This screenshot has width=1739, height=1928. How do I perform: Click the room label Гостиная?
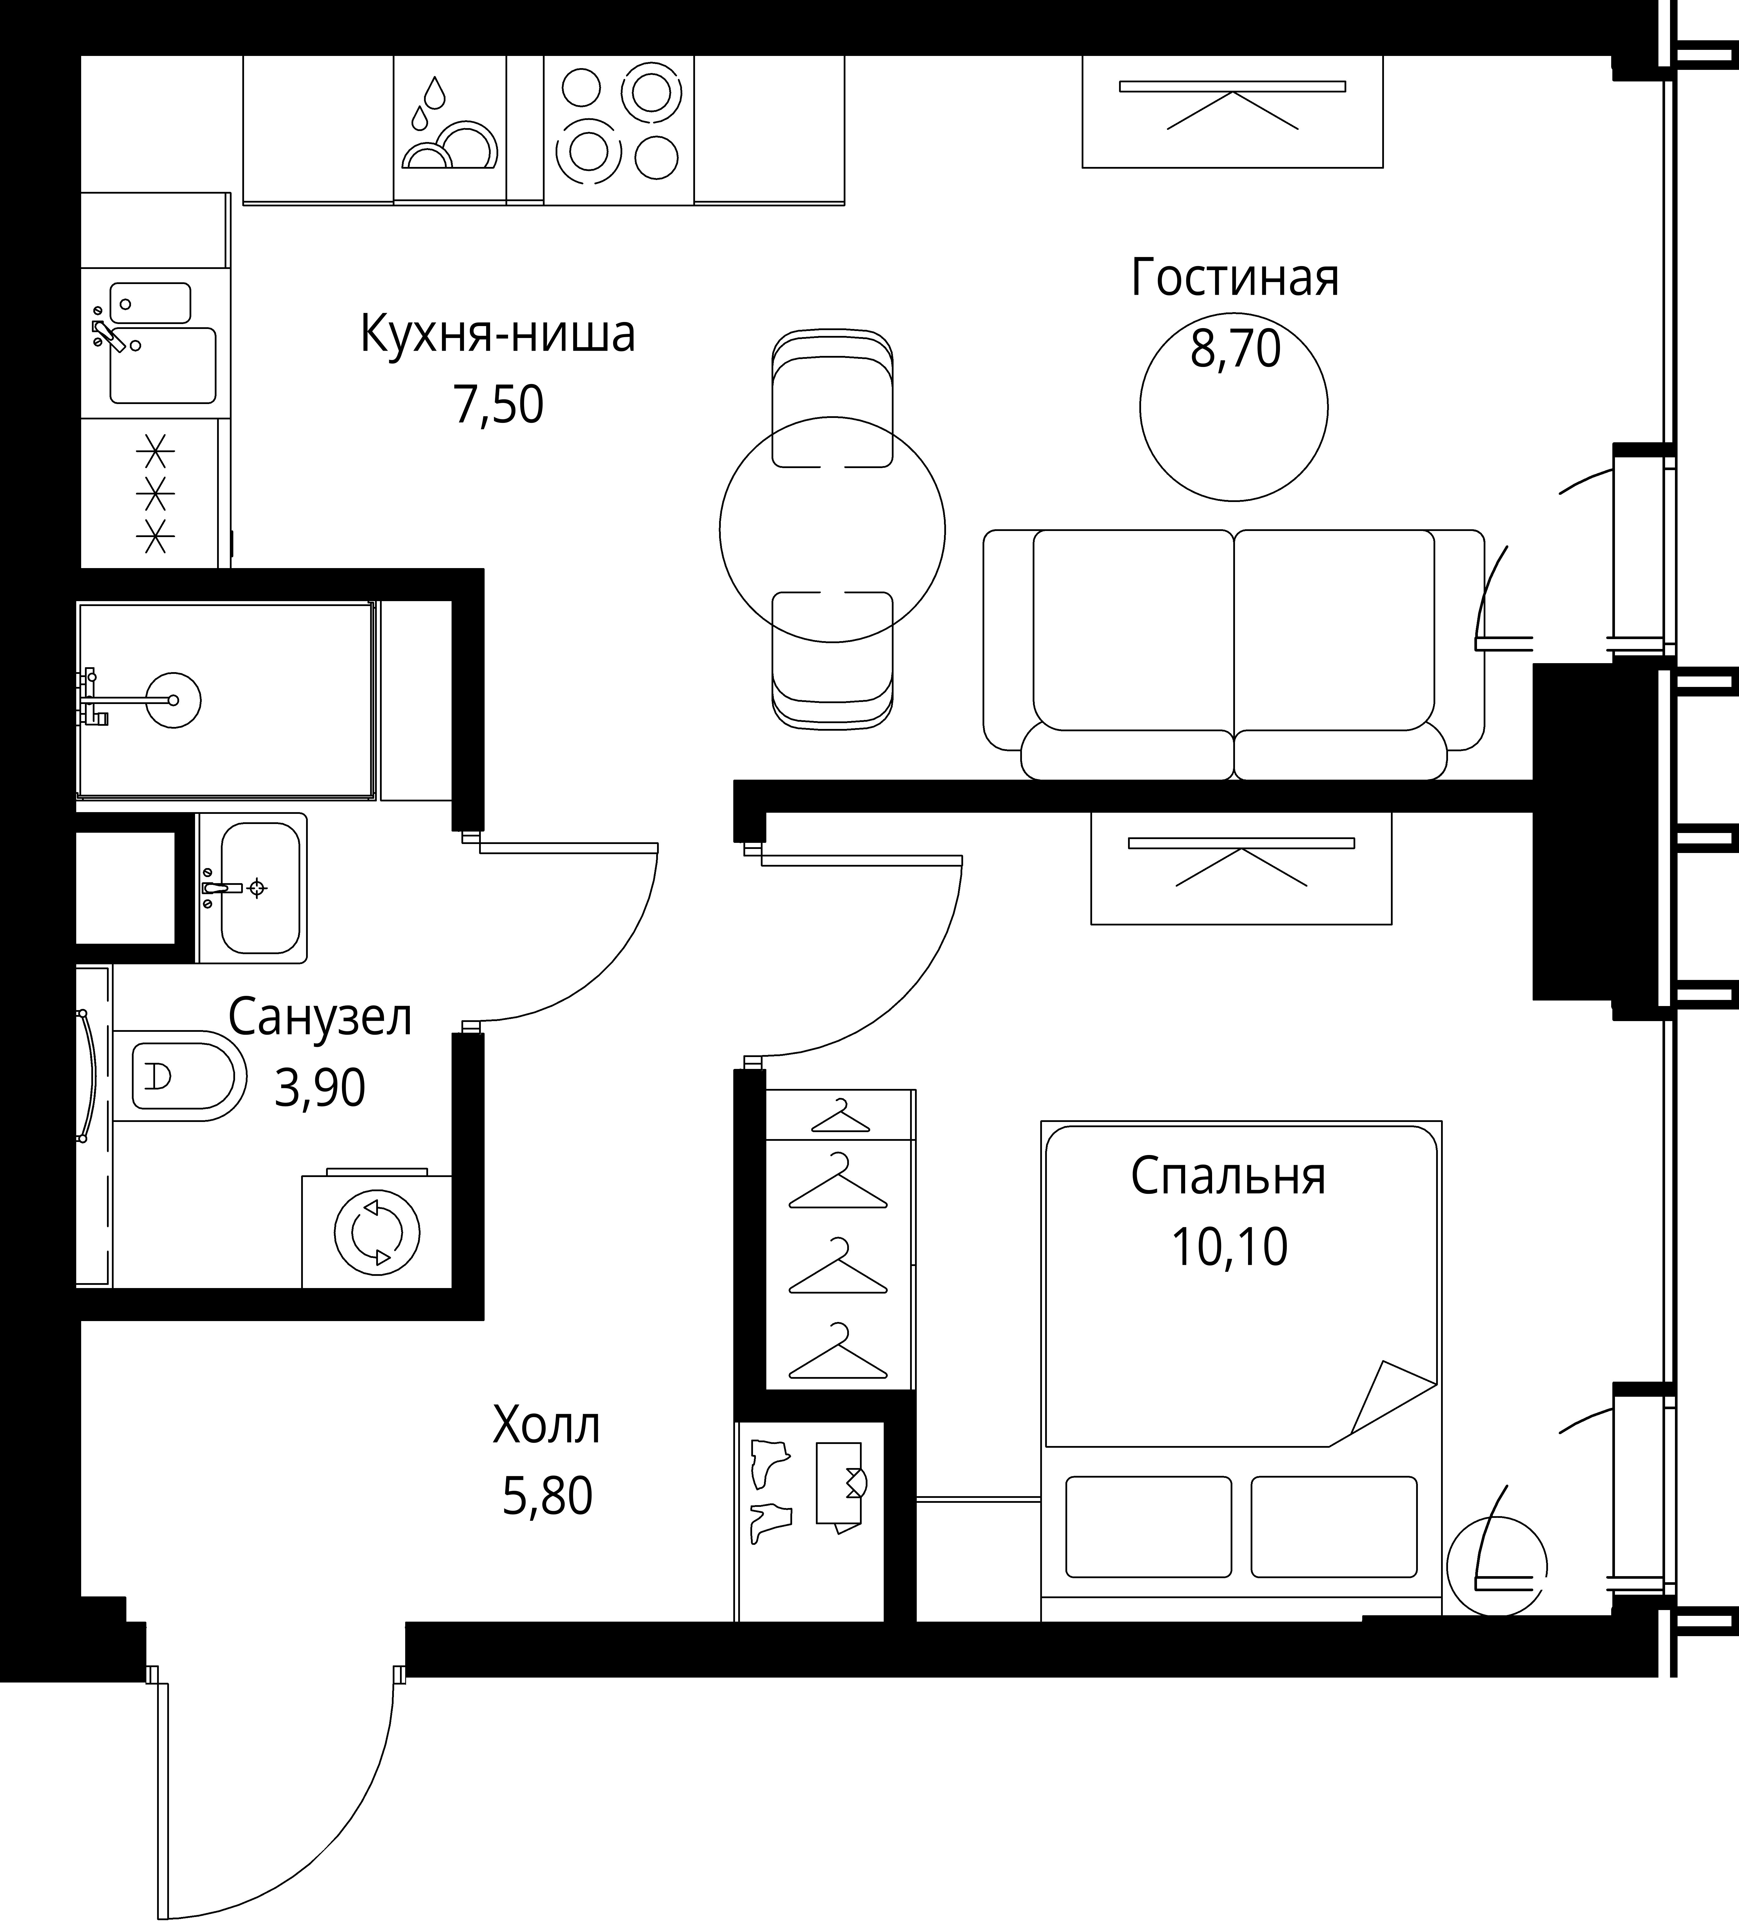[1234, 278]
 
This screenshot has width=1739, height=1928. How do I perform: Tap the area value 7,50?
[498, 405]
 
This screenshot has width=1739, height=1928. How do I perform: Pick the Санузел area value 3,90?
[319, 1087]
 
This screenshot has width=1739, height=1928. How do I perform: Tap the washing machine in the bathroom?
[376, 1229]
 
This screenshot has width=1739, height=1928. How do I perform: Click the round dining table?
[832, 529]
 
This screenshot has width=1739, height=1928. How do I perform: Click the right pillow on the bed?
[1334, 1527]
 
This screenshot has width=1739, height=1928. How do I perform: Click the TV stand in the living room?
[1233, 112]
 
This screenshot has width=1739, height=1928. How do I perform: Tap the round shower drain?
[174, 700]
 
